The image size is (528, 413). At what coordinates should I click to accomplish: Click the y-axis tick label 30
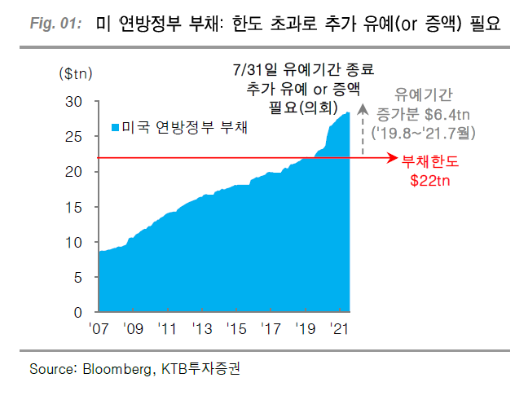click(74, 102)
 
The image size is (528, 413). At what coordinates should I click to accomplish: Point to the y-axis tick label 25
click(74, 137)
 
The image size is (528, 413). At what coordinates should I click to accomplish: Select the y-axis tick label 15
click(74, 207)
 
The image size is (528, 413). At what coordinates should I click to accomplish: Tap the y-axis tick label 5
click(78, 277)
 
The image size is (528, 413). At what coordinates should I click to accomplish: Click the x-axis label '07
click(99, 329)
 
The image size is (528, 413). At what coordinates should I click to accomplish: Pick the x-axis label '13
click(202, 329)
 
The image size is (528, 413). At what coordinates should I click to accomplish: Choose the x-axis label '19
click(306, 329)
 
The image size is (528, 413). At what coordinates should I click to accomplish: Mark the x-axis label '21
click(341, 329)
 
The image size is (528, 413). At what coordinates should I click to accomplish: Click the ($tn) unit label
click(77, 73)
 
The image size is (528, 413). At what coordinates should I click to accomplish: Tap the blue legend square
click(115, 128)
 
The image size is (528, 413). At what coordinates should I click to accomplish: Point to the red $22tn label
click(429, 180)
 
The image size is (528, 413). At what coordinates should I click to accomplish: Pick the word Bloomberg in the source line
click(117, 369)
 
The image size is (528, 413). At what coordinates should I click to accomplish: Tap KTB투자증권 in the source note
click(199, 369)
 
